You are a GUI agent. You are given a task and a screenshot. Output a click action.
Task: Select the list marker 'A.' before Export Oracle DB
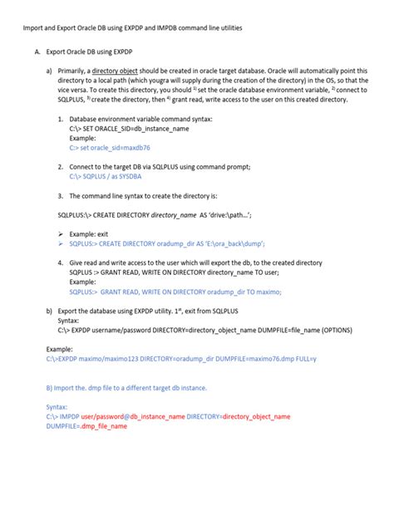tap(38, 52)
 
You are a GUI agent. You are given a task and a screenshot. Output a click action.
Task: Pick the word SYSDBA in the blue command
tap(131, 176)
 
